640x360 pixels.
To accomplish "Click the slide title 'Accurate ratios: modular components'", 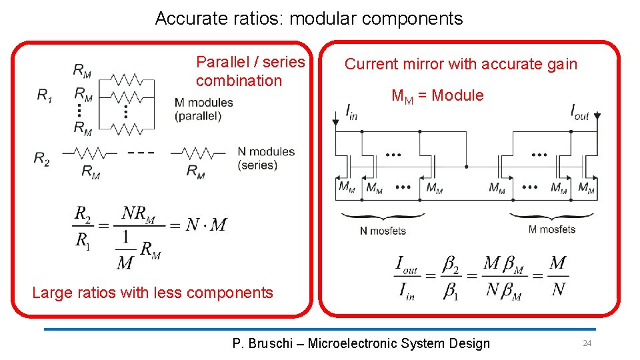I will click(x=309, y=19).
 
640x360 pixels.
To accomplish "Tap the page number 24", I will click(x=587, y=343).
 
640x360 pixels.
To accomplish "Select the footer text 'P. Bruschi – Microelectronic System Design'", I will click(x=361, y=343).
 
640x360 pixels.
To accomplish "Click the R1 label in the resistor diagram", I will click(x=44, y=96).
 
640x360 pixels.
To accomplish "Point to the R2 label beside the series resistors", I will click(x=41, y=158).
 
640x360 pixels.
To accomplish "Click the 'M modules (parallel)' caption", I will click(x=203, y=109).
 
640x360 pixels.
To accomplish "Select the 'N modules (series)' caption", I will click(x=265, y=158).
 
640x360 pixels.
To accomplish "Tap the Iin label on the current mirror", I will click(x=351, y=112).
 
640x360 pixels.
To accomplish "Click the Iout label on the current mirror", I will click(x=579, y=112).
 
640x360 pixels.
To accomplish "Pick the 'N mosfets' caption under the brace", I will click(x=383, y=231).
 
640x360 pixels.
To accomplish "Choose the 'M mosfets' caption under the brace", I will click(x=551, y=229).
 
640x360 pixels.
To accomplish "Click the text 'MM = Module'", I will click(x=437, y=95).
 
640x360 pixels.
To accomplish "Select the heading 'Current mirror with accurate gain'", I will click(x=461, y=64).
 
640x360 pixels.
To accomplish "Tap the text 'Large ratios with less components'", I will click(x=153, y=292).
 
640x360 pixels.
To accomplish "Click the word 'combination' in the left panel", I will click(x=239, y=81).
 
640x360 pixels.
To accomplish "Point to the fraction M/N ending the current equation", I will click(x=558, y=275).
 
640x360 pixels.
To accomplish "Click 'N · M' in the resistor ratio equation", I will click(x=205, y=225).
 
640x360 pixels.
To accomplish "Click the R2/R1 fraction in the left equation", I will click(x=83, y=226).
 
